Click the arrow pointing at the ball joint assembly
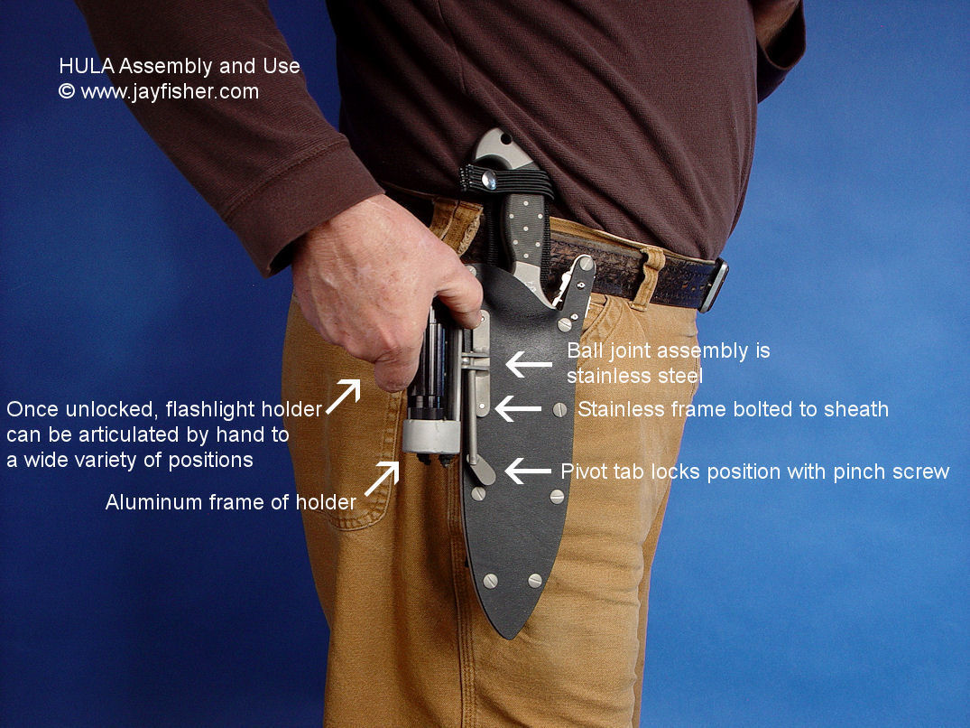click(529, 364)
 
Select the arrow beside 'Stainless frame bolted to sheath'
click(519, 408)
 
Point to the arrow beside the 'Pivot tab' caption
click(528, 471)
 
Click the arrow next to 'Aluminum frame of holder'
click(382, 479)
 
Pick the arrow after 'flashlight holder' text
click(343, 397)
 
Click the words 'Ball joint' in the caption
click(605, 351)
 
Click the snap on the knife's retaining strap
click(489, 180)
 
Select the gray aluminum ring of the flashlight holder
click(432, 436)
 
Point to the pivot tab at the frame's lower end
click(482, 471)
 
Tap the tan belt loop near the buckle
click(648, 277)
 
